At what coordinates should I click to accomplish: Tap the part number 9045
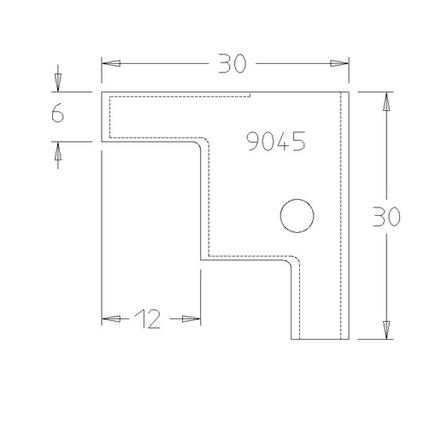pyautogui.click(x=275, y=141)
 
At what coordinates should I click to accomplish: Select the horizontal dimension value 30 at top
pyautogui.click(x=232, y=63)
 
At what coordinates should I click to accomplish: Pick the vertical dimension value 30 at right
pyautogui.click(x=386, y=217)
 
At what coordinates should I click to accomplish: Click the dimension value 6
pyautogui.click(x=57, y=113)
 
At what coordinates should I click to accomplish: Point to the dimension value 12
pyautogui.click(x=147, y=319)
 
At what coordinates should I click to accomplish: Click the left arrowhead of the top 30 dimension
pyautogui.click(x=111, y=63)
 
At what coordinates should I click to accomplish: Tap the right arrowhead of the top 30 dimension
pyautogui.click(x=339, y=63)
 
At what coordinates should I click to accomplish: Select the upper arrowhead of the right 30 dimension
pyautogui.click(x=386, y=102)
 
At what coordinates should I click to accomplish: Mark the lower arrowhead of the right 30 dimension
pyautogui.click(x=386, y=330)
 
